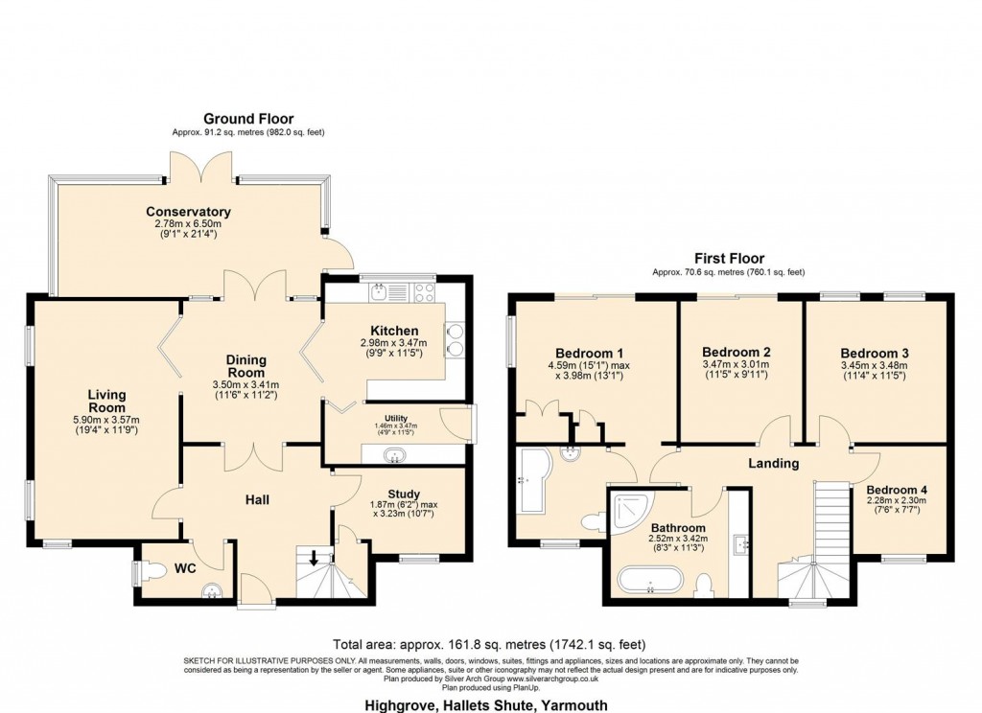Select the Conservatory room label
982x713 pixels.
tap(188, 212)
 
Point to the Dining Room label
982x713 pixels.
tap(246, 367)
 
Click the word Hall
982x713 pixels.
tap(256, 499)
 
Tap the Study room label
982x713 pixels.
tap(404, 494)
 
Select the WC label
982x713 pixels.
tap(184, 569)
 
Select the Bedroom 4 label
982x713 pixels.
tap(897, 488)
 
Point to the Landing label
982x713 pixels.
tap(774, 463)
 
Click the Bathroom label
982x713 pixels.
tap(678, 528)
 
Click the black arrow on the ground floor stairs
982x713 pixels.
tap(315, 556)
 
